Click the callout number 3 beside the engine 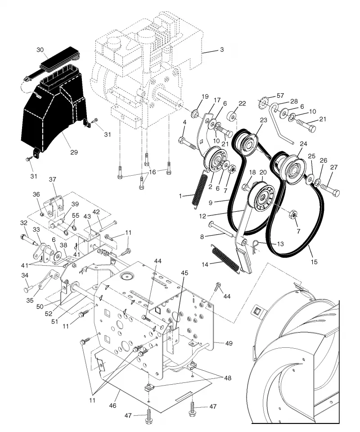click(222, 50)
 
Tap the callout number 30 click(40, 50)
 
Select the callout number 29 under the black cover click(74, 152)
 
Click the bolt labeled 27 click(329, 190)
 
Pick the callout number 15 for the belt click(314, 262)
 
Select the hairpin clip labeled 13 click(256, 245)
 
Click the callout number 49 click(229, 343)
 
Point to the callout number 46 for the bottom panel click(113, 405)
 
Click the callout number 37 click(52, 179)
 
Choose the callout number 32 click(24, 223)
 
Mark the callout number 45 click(184, 273)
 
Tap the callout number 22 click(242, 104)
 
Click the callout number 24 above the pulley click(303, 144)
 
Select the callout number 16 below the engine click(153, 172)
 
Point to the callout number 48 click(228, 378)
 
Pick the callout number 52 click(49, 314)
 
